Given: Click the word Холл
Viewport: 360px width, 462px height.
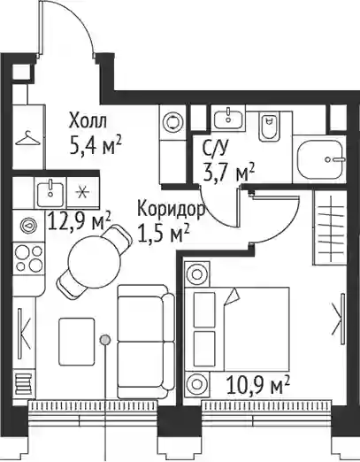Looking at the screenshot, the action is [x=88, y=120].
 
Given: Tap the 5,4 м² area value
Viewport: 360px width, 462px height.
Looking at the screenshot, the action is [x=95, y=145].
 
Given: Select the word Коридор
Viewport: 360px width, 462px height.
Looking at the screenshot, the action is [x=172, y=209].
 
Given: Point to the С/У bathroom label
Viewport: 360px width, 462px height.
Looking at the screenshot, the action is [x=215, y=149].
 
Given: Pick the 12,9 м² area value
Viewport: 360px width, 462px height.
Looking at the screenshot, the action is [x=79, y=221].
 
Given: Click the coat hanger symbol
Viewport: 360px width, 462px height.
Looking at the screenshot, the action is [x=27, y=138].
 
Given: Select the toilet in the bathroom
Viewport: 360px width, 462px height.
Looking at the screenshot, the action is [x=268, y=127].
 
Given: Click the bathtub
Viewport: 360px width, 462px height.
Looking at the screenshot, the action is [x=321, y=159].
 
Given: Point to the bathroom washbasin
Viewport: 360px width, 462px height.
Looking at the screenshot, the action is [x=228, y=118].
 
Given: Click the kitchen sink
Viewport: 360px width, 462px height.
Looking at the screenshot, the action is [x=50, y=194].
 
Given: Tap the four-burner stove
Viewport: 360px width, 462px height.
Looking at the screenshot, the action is [x=28, y=258].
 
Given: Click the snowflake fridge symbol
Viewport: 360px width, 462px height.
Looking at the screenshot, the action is [x=83, y=193].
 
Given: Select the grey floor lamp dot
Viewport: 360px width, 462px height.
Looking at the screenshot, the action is [x=105, y=340].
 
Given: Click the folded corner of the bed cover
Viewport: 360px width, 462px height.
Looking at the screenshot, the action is [x=232, y=296].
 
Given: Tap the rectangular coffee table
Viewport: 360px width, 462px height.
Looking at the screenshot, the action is [x=77, y=342].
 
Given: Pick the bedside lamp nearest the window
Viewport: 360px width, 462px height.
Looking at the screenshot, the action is [x=196, y=384].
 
